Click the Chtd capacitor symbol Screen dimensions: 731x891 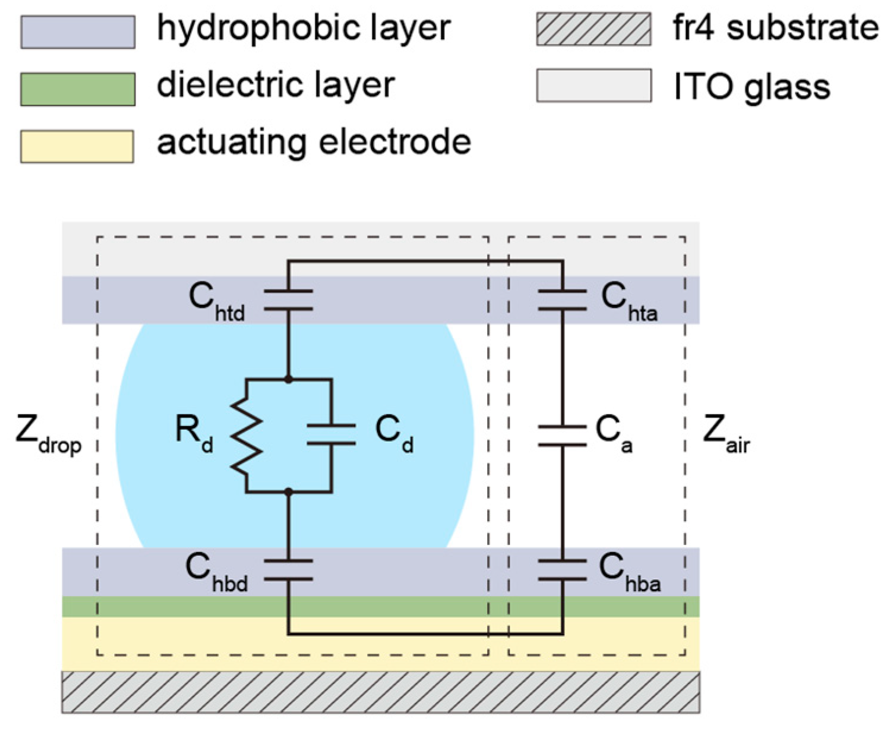point(288,300)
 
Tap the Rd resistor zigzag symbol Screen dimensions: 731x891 point(246,436)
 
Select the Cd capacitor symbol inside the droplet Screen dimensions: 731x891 point(331,434)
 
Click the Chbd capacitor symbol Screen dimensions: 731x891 point(288,569)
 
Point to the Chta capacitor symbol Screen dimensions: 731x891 point(562,300)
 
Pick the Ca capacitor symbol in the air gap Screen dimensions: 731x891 point(562,436)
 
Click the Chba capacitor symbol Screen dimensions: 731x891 point(562,569)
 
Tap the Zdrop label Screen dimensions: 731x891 point(48,434)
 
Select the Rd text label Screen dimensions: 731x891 point(194,432)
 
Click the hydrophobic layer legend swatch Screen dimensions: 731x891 point(78,32)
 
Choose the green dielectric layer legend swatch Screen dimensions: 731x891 point(78,89)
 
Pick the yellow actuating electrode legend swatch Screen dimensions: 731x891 point(77,146)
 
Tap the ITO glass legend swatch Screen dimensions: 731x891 point(593,86)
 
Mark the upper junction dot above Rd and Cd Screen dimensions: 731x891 point(288,379)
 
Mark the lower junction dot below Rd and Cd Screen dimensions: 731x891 point(288,492)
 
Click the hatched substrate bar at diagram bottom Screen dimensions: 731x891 point(380,692)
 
